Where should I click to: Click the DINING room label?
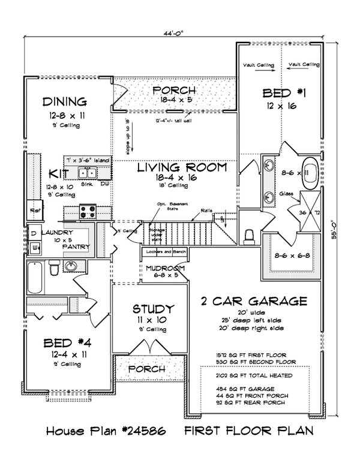[x=65, y=101]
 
